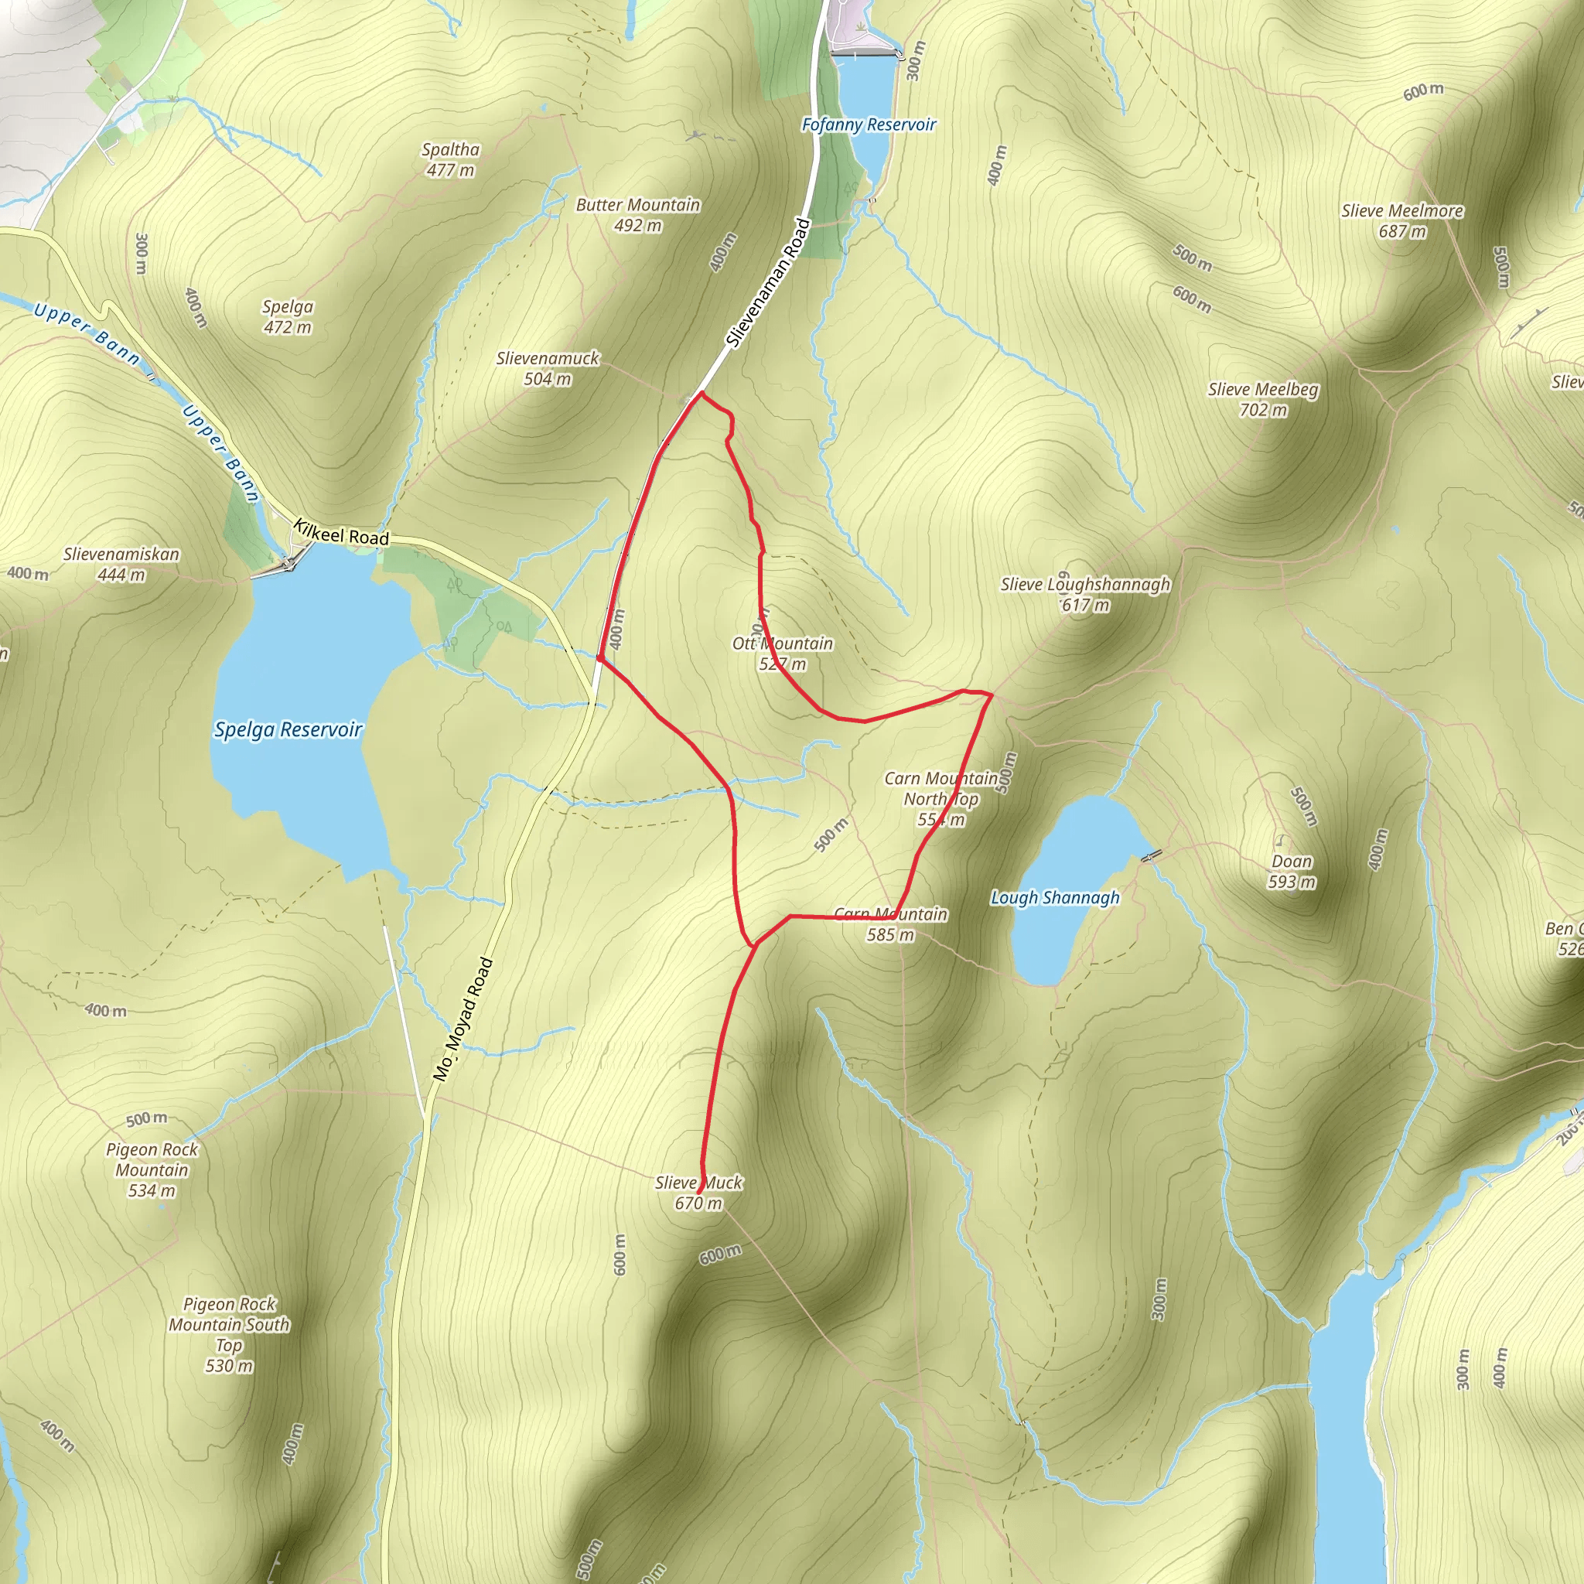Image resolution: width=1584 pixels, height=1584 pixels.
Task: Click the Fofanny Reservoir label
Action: click(869, 125)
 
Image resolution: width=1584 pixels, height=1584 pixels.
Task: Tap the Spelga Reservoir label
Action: click(288, 729)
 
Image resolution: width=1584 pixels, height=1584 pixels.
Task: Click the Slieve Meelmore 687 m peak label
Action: click(1402, 220)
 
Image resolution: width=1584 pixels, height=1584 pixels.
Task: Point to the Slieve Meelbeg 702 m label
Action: click(1262, 399)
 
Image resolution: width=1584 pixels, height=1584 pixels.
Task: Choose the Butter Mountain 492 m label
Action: click(638, 215)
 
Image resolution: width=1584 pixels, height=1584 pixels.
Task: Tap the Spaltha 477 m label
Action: click(450, 160)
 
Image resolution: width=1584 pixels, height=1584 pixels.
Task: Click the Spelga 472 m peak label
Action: click(288, 316)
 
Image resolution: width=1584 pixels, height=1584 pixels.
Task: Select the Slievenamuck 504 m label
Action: click(548, 368)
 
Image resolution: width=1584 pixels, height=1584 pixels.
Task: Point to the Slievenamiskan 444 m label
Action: click(121, 564)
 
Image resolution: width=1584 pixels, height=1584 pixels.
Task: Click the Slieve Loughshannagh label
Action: click(1084, 593)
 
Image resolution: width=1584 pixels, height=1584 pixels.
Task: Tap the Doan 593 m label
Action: click(1292, 871)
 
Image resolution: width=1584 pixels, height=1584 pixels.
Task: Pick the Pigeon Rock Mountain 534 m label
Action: click(152, 1170)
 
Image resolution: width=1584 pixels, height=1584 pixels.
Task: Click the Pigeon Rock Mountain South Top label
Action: click(230, 1334)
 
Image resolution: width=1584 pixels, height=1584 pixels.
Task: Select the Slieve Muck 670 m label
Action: click(698, 1192)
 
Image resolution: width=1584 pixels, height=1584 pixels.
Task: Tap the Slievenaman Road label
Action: click(768, 283)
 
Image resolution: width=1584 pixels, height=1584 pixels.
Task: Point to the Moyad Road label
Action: click(464, 1019)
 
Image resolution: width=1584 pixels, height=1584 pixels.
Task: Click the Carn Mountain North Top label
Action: click(941, 798)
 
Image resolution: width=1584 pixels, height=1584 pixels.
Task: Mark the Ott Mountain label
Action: click(782, 654)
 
